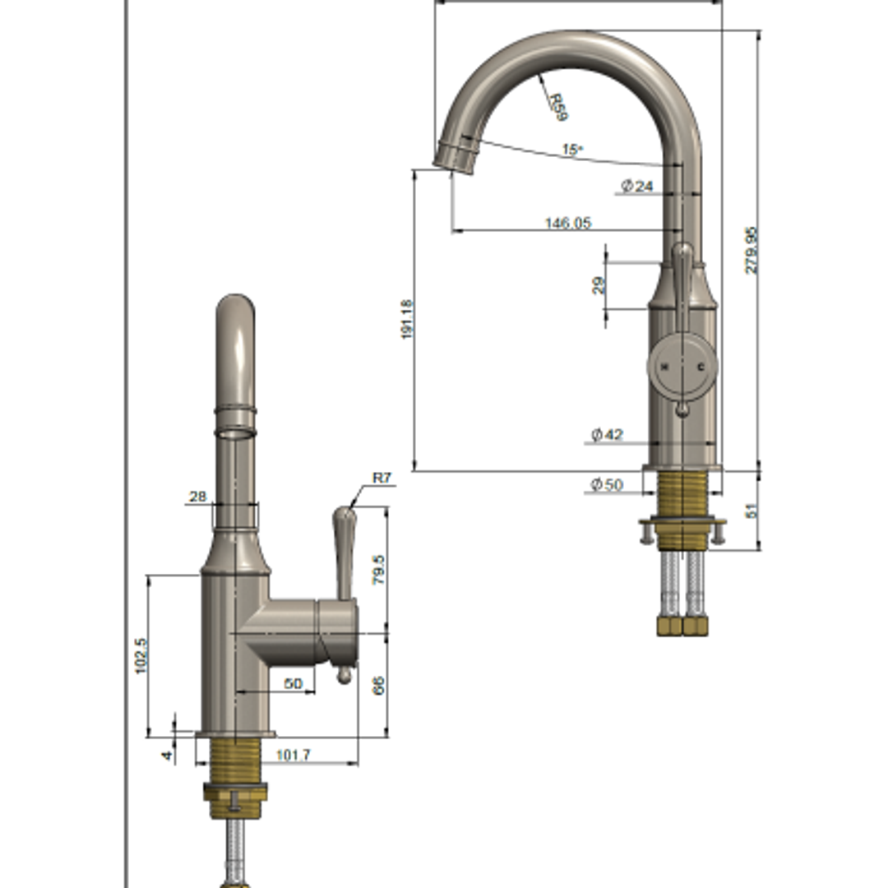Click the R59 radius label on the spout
558,107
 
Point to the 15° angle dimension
572,150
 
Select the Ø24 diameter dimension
637,187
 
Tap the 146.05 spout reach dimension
567,223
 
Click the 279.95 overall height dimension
752,250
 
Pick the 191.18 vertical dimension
408,320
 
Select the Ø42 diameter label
608,434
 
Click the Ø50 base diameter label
607,484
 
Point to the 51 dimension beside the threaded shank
751,510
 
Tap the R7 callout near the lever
382,477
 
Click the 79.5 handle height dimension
379,569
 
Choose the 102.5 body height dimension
141,656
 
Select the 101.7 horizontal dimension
294,754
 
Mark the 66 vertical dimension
379,686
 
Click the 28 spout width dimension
197,497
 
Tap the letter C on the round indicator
701,366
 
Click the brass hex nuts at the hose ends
682,626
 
